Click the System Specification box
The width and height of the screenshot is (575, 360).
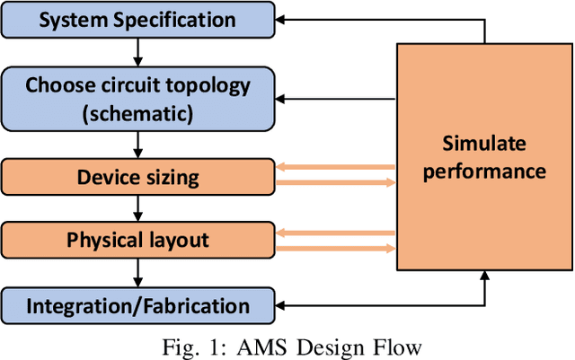click(x=137, y=20)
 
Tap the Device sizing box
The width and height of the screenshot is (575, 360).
click(x=137, y=176)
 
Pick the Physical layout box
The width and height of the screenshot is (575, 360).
click(x=137, y=240)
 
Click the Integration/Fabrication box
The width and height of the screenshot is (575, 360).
click(x=137, y=305)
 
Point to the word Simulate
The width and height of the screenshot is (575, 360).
click(x=486, y=144)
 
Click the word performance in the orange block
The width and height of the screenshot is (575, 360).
click(x=486, y=171)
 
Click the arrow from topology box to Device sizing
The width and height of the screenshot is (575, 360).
click(x=138, y=143)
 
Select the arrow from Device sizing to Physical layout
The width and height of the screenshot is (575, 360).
click(x=138, y=207)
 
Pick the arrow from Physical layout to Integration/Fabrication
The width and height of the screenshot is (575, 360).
click(x=138, y=272)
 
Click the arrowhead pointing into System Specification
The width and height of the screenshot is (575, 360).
click(x=282, y=18)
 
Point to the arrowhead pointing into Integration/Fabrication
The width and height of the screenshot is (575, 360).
click(x=282, y=305)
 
